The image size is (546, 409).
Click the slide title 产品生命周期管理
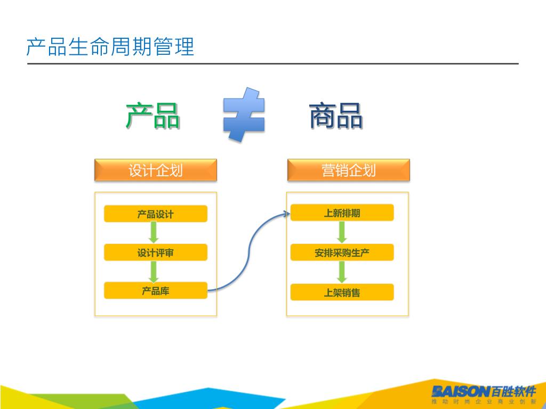(110, 47)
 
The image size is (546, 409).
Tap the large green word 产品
(152, 116)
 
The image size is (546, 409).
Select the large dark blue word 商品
(336, 116)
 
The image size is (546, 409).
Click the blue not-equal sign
(244, 114)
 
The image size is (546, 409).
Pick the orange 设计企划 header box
(156, 170)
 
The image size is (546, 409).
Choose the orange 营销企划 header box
(349, 170)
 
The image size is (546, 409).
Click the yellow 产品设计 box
(155, 214)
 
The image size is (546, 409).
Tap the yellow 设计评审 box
(155, 252)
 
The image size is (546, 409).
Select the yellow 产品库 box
(155, 291)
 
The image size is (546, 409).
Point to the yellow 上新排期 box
(342, 213)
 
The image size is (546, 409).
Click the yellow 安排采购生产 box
(342, 252)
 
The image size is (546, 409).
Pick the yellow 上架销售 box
(342, 292)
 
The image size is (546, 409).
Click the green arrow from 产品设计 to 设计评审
(154, 233)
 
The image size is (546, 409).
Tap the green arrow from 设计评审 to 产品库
(154, 272)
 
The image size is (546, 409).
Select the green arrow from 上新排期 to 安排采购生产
(342, 232)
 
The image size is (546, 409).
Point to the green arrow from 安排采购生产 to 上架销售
(342, 272)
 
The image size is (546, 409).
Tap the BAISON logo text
(460, 391)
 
